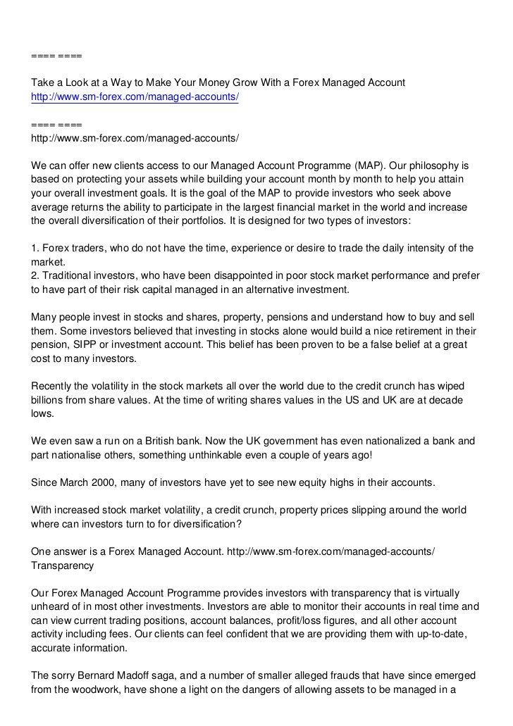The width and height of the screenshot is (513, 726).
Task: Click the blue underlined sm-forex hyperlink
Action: click(135, 96)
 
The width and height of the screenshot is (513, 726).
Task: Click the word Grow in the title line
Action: click(226, 83)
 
